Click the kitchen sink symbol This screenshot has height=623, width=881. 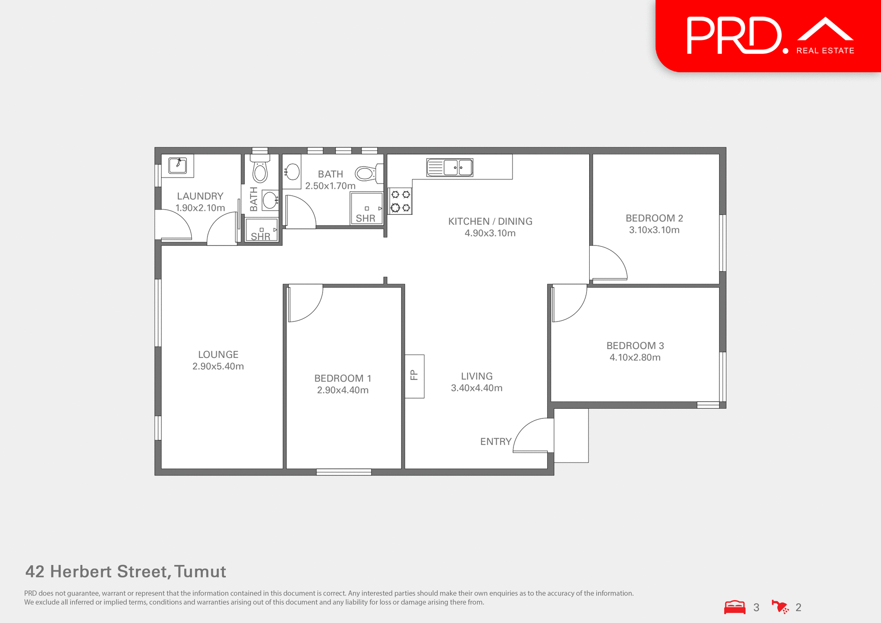tap(450, 167)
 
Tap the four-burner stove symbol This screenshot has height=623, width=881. tap(400, 201)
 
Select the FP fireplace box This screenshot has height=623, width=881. tap(414, 376)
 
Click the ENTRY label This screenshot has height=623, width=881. tap(496, 441)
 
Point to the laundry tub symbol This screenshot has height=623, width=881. tap(178, 165)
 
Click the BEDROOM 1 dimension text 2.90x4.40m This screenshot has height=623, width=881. tap(343, 390)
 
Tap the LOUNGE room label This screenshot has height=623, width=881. tap(218, 355)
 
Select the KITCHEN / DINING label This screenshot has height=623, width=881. tap(490, 221)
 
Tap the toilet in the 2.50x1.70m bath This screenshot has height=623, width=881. tap(365, 173)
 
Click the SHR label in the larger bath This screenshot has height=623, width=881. tap(365, 218)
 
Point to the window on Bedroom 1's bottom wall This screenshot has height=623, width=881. tap(344, 472)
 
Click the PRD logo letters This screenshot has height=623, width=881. tap(734, 36)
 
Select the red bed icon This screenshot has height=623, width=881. tap(735, 607)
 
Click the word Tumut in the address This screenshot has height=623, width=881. tap(200, 572)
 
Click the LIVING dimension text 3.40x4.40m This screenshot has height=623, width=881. tap(476, 388)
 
